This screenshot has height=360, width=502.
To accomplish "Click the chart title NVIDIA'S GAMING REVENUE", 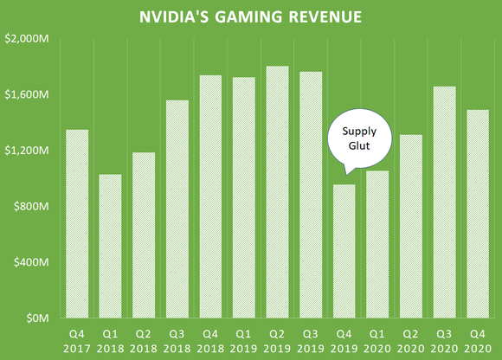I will pos(251,17).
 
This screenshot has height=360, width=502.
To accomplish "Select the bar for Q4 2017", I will pos(77,224).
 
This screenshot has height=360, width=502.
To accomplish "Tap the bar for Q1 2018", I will pos(110,247).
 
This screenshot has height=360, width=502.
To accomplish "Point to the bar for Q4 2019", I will pos(344,251).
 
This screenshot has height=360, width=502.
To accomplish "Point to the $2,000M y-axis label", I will pos(28,38).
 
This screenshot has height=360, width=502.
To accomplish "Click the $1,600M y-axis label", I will pos(28,94).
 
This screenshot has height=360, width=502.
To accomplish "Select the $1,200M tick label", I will pos(28,151).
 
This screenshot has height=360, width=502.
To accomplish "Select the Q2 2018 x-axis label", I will pos(144,339).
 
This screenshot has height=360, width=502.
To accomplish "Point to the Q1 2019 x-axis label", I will pos(244,339).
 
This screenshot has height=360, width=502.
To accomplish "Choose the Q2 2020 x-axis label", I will pos(410,339).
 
